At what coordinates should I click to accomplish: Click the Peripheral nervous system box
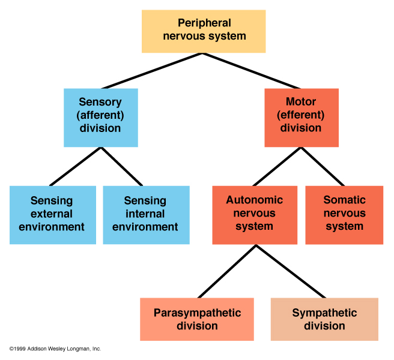(x=204, y=30)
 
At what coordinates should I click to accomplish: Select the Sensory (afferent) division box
(x=100, y=118)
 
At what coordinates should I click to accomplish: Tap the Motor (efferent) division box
(x=301, y=118)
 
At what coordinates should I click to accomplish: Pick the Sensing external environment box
(x=52, y=214)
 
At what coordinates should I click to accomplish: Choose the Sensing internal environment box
(x=146, y=214)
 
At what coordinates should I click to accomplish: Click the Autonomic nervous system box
(x=254, y=214)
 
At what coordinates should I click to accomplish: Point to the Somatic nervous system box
(x=344, y=214)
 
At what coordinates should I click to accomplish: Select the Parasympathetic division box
(x=197, y=319)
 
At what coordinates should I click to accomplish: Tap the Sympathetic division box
(x=324, y=319)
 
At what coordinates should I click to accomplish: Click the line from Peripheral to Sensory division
(x=151, y=71)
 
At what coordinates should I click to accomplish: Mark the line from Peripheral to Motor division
(x=252, y=71)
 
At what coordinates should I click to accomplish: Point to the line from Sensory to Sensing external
(x=75, y=166)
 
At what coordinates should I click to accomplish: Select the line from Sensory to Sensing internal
(x=122, y=166)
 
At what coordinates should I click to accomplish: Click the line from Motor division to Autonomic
(x=277, y=166)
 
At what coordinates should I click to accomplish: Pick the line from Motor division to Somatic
(x=323, y=166)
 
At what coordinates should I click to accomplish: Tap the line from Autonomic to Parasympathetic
(x=227, y=271)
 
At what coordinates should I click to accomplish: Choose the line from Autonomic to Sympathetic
(x=291, y=271)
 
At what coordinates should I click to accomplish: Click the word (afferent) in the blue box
(x=100, y=115)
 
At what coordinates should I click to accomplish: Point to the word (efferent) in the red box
(x=301, y=115)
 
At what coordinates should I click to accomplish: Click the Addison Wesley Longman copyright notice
(x=55, y=349)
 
